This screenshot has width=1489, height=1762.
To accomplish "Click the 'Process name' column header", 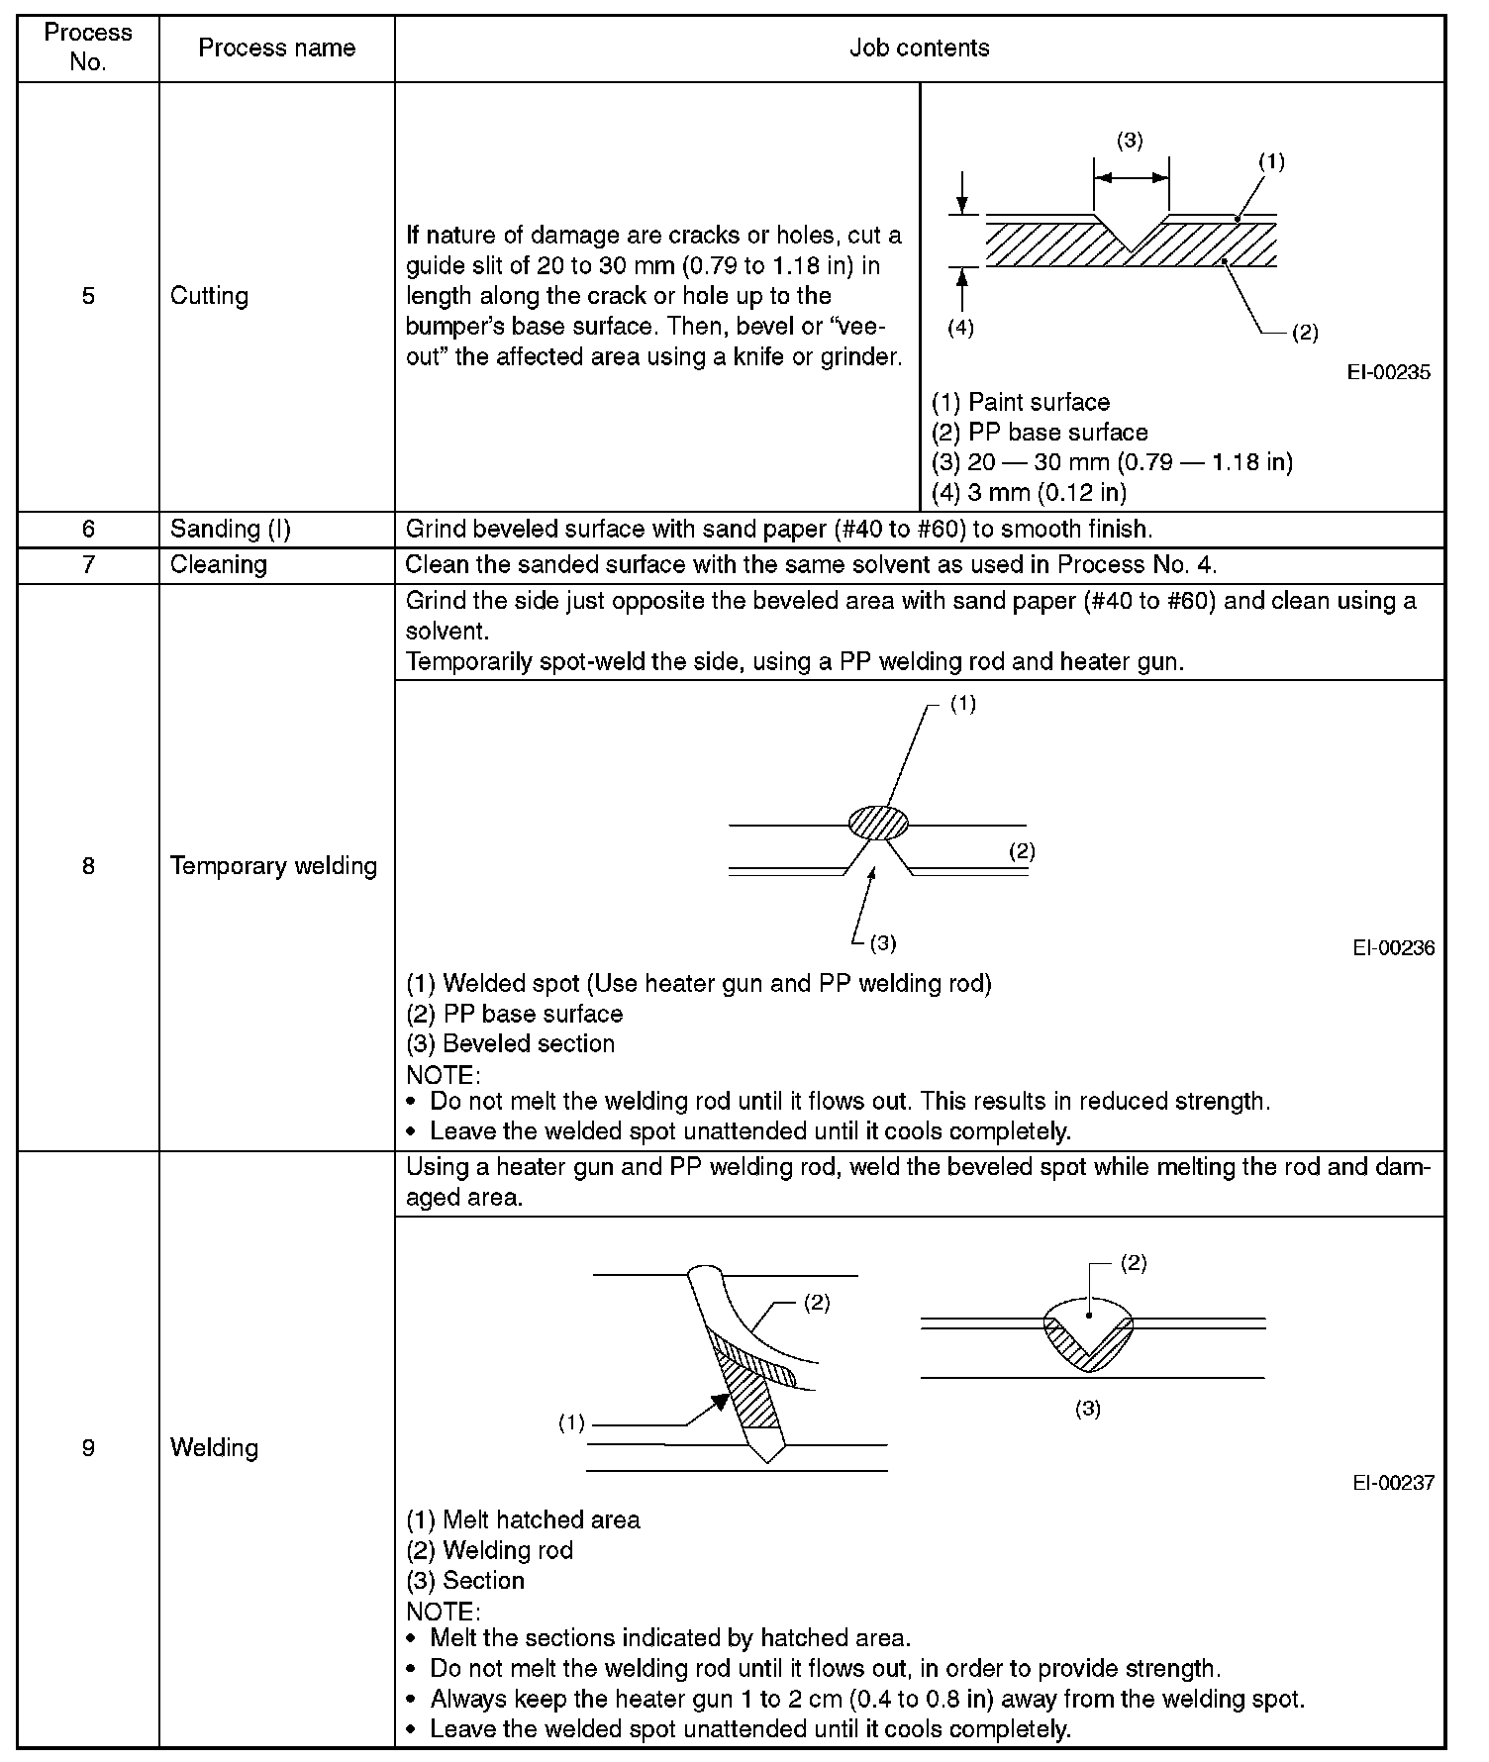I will click(x=276, y=49).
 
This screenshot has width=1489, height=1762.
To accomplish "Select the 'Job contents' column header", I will click(x=919, y=49).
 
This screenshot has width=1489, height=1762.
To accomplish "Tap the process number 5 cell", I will click(x=88, y=296).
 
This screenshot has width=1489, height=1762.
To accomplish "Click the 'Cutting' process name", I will click(x=209, y=296).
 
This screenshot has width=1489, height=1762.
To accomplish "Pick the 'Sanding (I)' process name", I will click(x=230, y=529).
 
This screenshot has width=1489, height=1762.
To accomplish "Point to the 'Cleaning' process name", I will click(x=218, y=564).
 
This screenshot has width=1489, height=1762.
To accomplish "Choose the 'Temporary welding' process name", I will click(x=273, y=866).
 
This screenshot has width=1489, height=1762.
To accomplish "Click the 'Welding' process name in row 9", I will click(x=214, y=1447).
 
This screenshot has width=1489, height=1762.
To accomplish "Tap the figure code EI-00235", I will click(x=1388, y=373).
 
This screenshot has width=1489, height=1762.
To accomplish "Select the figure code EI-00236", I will click(x=1393, y=947).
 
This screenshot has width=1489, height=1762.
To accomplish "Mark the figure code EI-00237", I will click(x=1393, y=1482).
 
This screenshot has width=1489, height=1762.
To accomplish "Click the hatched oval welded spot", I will click(x=878, y=822).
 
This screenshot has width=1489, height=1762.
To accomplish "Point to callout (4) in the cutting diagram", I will click(x=960, y=329).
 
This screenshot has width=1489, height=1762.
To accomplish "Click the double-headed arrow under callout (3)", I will click(x=1131, y=178).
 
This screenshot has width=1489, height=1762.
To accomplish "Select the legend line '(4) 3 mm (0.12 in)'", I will click(x=1029, y=492).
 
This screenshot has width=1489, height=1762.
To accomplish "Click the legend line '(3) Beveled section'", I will click(x=510, y=1043).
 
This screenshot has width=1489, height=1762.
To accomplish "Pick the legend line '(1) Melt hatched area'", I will click(x=523, y=1519).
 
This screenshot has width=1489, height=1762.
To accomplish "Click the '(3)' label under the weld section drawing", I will click(x=1087, y=1409).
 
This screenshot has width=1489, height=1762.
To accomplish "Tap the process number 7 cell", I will click(x=88, y=564).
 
